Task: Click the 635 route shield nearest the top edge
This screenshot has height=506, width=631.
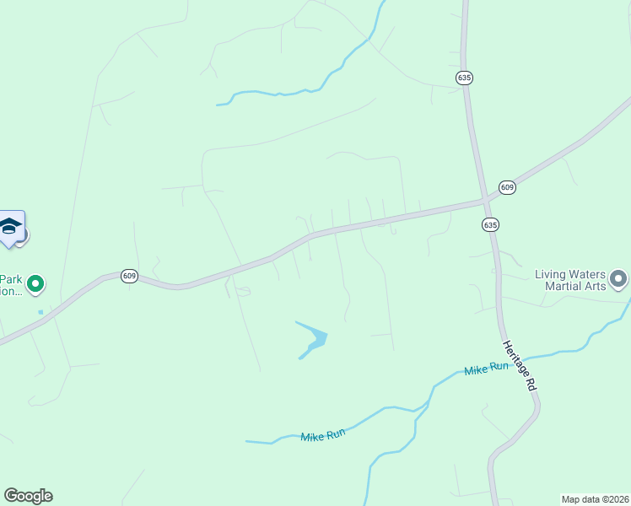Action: tap(464, 77)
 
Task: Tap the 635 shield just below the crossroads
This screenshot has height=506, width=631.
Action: tap(491, 224)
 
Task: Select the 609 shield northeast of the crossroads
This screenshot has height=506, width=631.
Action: tap(506, 186)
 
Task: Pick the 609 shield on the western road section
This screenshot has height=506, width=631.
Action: tap(129, 276)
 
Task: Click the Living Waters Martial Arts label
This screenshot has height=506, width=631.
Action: tap(571, 280)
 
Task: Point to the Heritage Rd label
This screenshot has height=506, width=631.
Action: tap(520, 364)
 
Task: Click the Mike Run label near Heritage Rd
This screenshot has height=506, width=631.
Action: tap(487, 369)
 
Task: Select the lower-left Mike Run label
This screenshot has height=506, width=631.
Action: tap(323, 434)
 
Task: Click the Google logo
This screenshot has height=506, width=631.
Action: tap(28, 496)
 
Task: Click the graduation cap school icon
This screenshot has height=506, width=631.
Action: tap(10, 226)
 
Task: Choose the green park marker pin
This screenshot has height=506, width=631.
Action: tap(35, 284)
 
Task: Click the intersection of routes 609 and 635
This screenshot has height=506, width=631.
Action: tap(487, 200)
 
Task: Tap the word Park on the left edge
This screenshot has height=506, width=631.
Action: tap(10, 279)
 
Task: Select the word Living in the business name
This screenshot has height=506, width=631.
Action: tap(553, 274)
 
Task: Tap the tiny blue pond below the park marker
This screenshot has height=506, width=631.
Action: tap(40, 312)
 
